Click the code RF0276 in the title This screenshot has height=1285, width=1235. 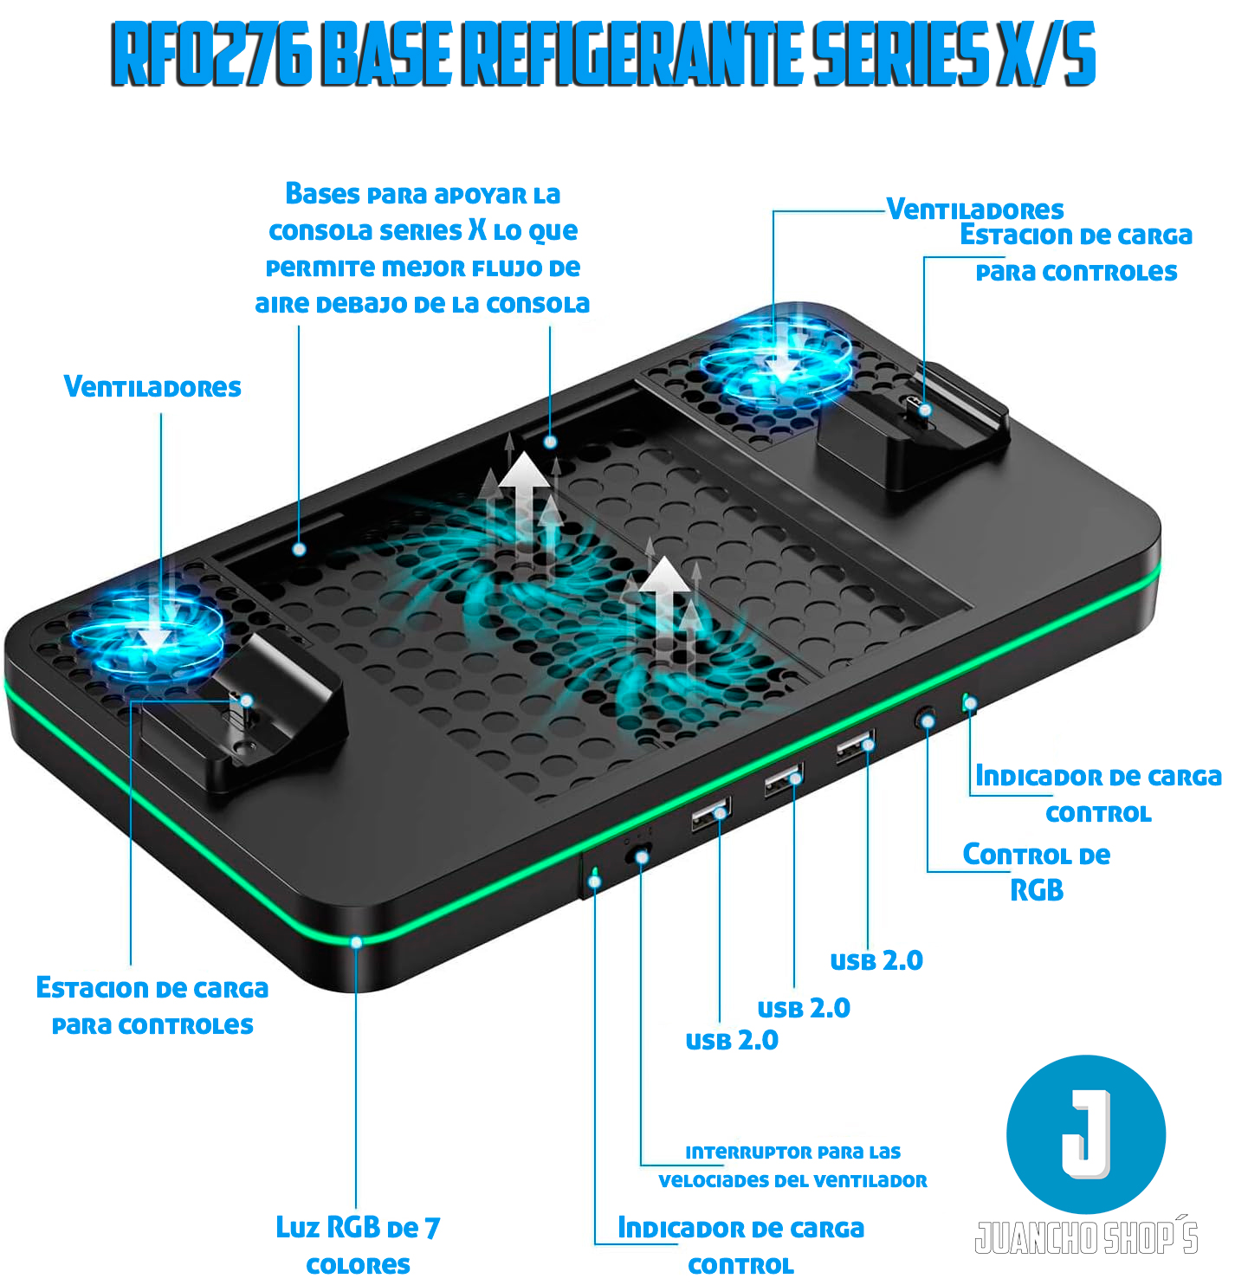point(210,54)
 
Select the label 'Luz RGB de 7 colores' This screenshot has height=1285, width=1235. point(358,1246)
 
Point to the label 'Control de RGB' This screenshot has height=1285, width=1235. point(1036,872)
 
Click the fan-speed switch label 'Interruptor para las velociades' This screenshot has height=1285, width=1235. point(792,1167)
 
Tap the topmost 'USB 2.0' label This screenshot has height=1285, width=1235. point(876,961)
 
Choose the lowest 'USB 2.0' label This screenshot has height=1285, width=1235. point(732,1042)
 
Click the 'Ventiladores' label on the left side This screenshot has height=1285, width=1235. point(152,387)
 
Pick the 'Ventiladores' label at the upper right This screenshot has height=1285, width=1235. point(975,210)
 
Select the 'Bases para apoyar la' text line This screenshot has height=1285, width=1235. point(423,194)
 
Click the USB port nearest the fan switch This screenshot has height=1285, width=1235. point(711,814)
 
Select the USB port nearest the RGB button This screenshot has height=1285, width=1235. point(856,746)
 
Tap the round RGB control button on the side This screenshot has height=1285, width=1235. point(926,719)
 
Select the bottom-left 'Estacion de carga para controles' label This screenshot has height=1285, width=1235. point(152,1006)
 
